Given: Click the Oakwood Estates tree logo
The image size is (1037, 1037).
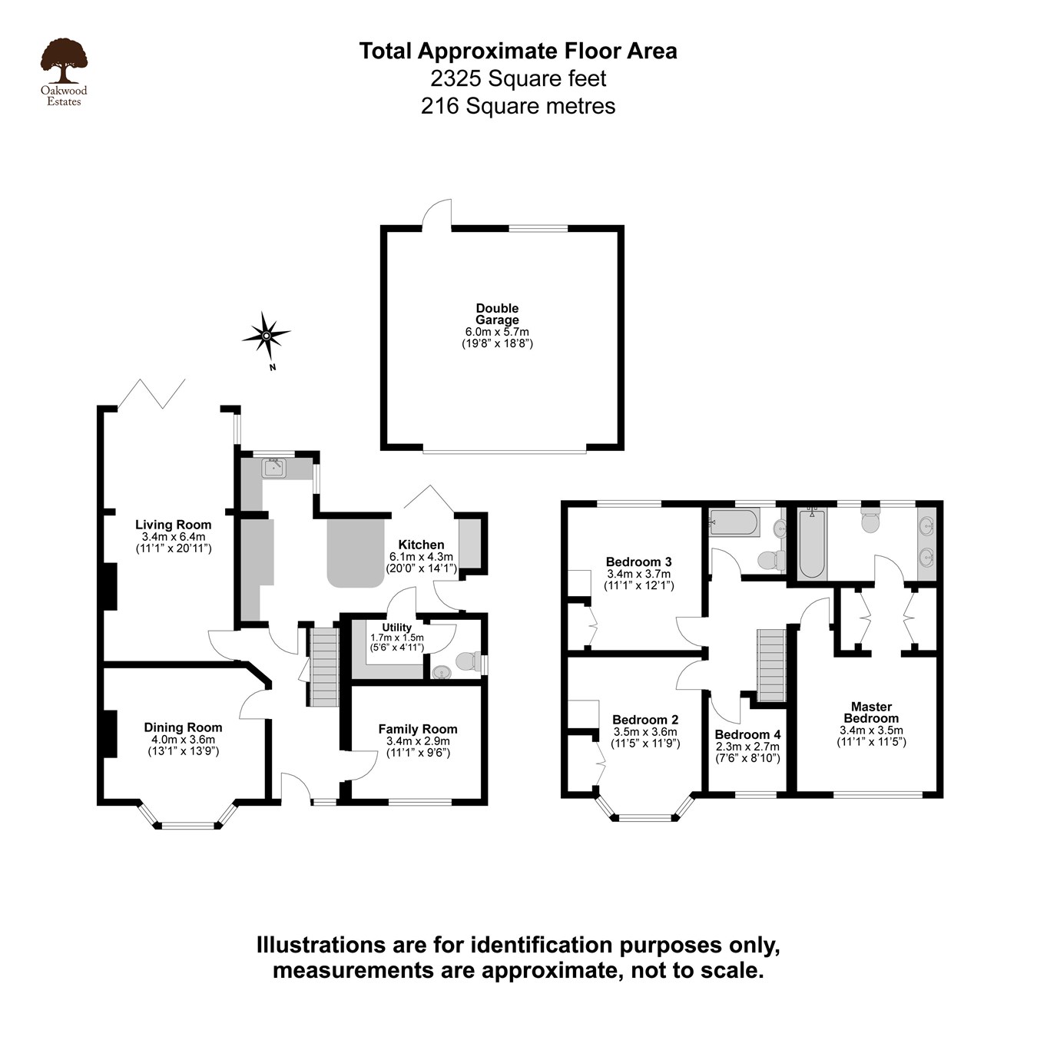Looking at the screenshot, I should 64,61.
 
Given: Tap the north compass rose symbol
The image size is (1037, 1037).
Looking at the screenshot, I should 266,336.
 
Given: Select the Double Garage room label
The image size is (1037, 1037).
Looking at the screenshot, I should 497,314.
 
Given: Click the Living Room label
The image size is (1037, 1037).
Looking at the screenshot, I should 173,525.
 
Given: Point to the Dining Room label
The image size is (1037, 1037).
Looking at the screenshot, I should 183,727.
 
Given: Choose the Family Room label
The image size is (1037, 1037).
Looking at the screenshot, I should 417,729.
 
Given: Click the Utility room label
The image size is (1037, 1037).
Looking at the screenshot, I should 396,628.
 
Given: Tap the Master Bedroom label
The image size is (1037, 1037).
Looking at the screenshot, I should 871,712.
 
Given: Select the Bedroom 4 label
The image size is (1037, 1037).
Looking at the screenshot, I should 747,734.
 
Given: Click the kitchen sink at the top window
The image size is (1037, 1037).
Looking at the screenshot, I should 273,467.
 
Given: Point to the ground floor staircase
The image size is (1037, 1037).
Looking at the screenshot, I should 324,667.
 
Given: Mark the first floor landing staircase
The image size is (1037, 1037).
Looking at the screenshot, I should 772,665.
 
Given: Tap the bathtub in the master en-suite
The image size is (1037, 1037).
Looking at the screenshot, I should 811,545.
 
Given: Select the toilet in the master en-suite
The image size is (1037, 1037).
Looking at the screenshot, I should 870,520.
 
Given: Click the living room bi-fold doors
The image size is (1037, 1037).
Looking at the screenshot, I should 152,394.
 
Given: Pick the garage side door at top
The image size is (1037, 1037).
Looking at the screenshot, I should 436,214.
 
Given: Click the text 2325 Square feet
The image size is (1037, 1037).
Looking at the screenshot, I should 518,78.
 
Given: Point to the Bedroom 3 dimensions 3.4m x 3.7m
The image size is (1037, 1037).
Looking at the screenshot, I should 638,574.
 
